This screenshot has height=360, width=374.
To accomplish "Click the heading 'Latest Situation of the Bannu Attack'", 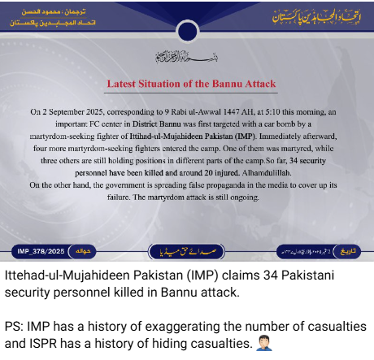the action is point(192,84).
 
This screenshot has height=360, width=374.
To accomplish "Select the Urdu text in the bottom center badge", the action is point(188,250).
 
